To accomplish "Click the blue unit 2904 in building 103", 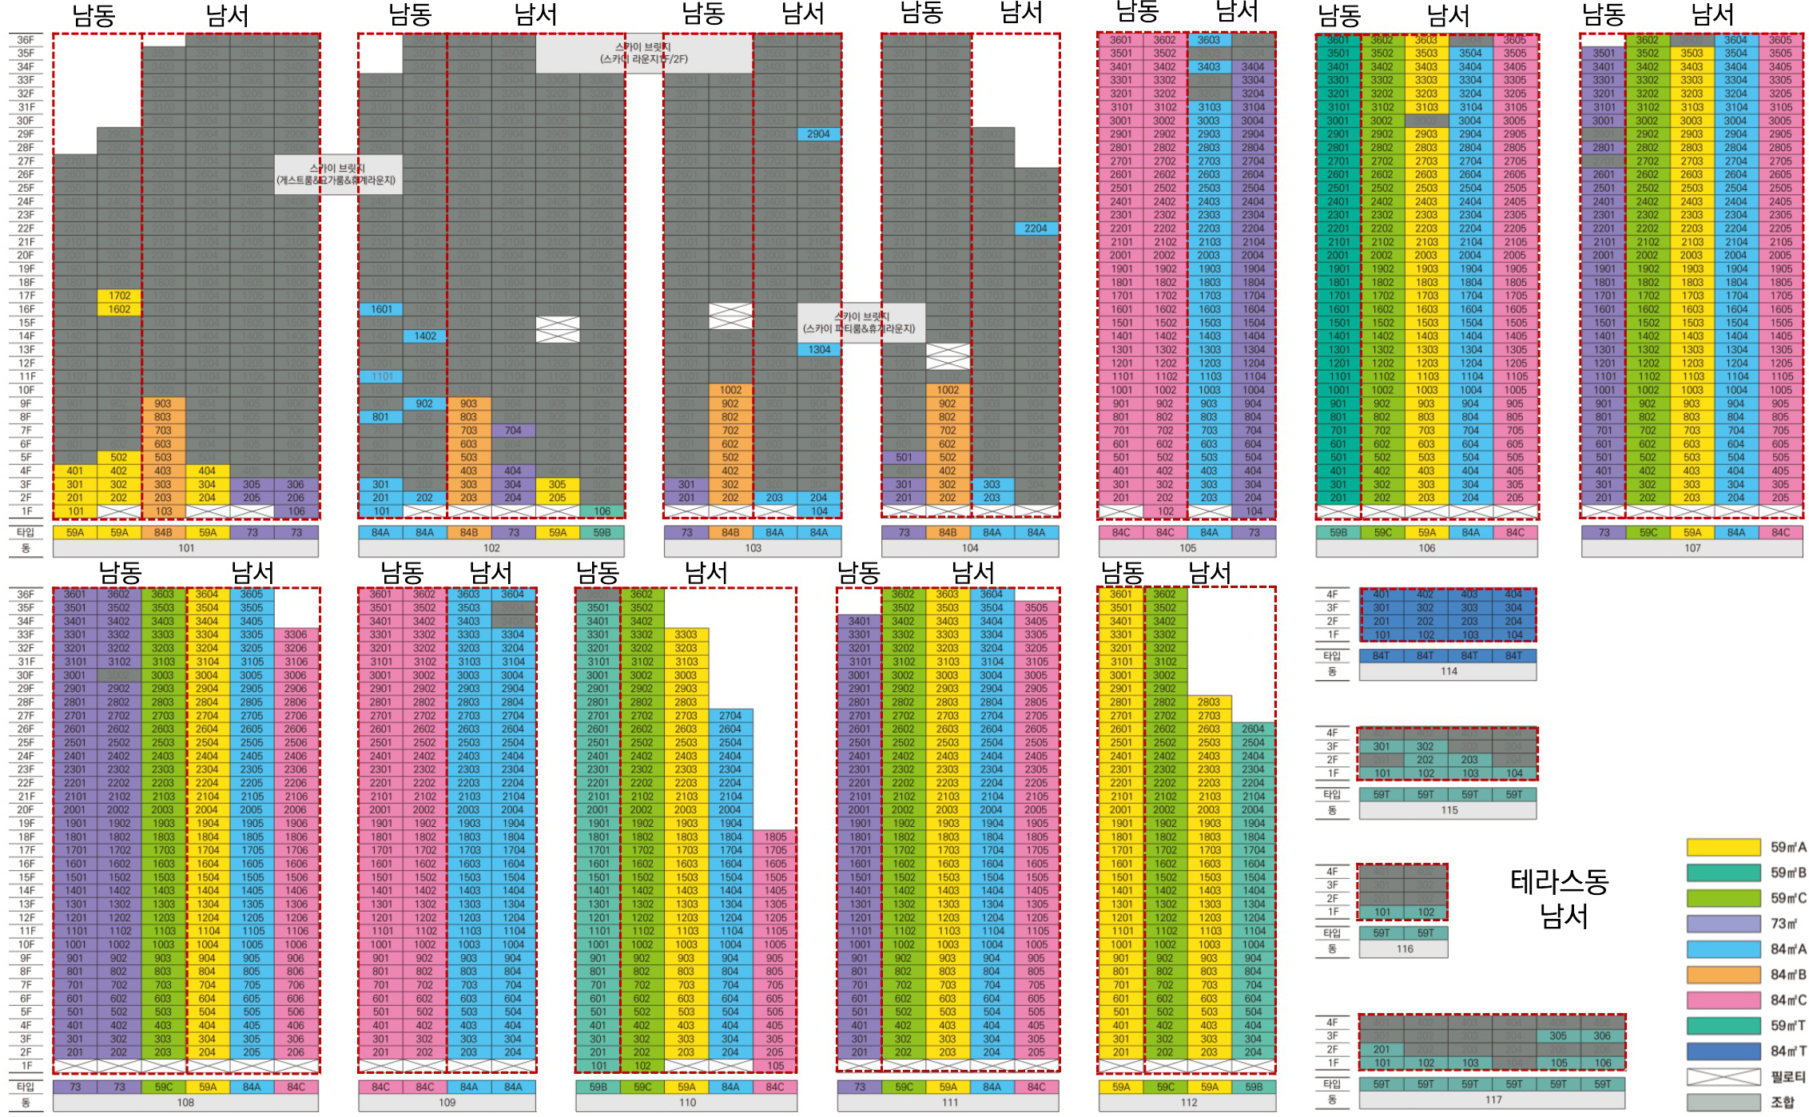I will [x=818, y=134].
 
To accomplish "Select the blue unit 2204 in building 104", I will [x=1036, y=229].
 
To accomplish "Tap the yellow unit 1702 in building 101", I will [x=119, y=296].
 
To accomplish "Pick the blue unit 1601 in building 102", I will [x=380, y=309].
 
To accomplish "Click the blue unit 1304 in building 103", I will [x=819, y=350].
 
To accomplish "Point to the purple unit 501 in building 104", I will [x=904, y=458].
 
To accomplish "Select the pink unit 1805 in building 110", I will [x=774, y=837].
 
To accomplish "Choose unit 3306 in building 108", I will [x=296, y=634].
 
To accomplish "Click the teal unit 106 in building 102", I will [x=602, y=511].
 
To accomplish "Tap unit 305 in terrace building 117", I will [x=1558, y=1036].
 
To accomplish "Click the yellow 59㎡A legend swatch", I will [x=1724, y=847].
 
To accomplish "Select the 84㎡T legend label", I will [x=1787, y=1051].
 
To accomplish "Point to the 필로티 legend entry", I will [x=1787, y=1076].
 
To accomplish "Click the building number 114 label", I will [x=1449, y=671].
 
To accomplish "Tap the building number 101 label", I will [x=186, y=548].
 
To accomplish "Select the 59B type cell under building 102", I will [x=602, y=532].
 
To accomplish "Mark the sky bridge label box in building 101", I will [x=336, y=174].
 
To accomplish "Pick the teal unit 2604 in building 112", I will [x=1253, y=729].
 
